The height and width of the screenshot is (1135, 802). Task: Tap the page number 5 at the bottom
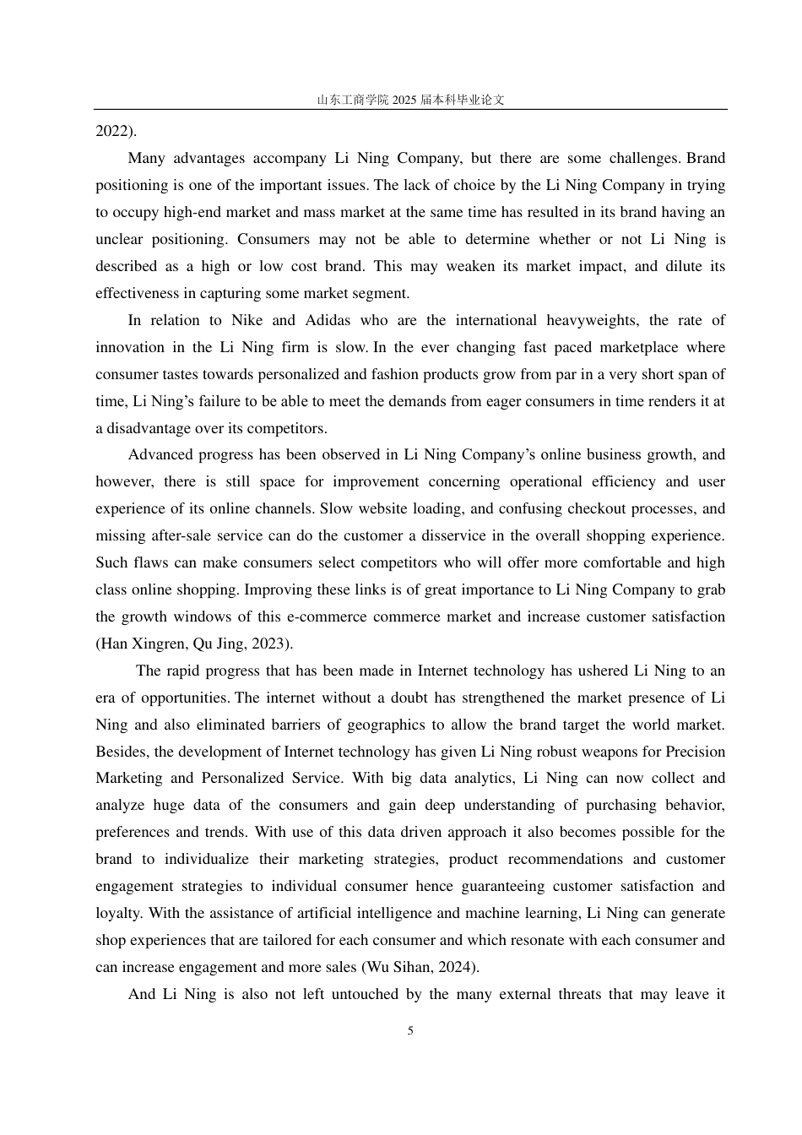click(410, 1030)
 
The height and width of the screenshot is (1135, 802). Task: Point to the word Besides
click(122, 752)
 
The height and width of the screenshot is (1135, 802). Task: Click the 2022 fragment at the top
click(112, 131)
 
